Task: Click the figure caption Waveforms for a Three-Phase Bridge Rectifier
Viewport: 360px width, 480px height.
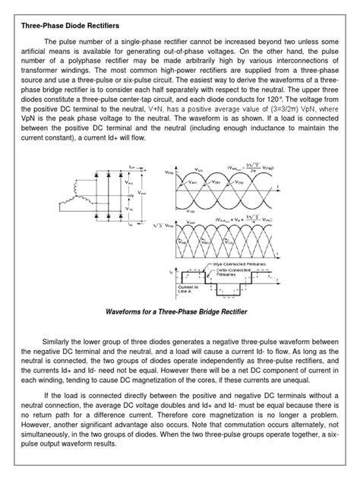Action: click(180, 311)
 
